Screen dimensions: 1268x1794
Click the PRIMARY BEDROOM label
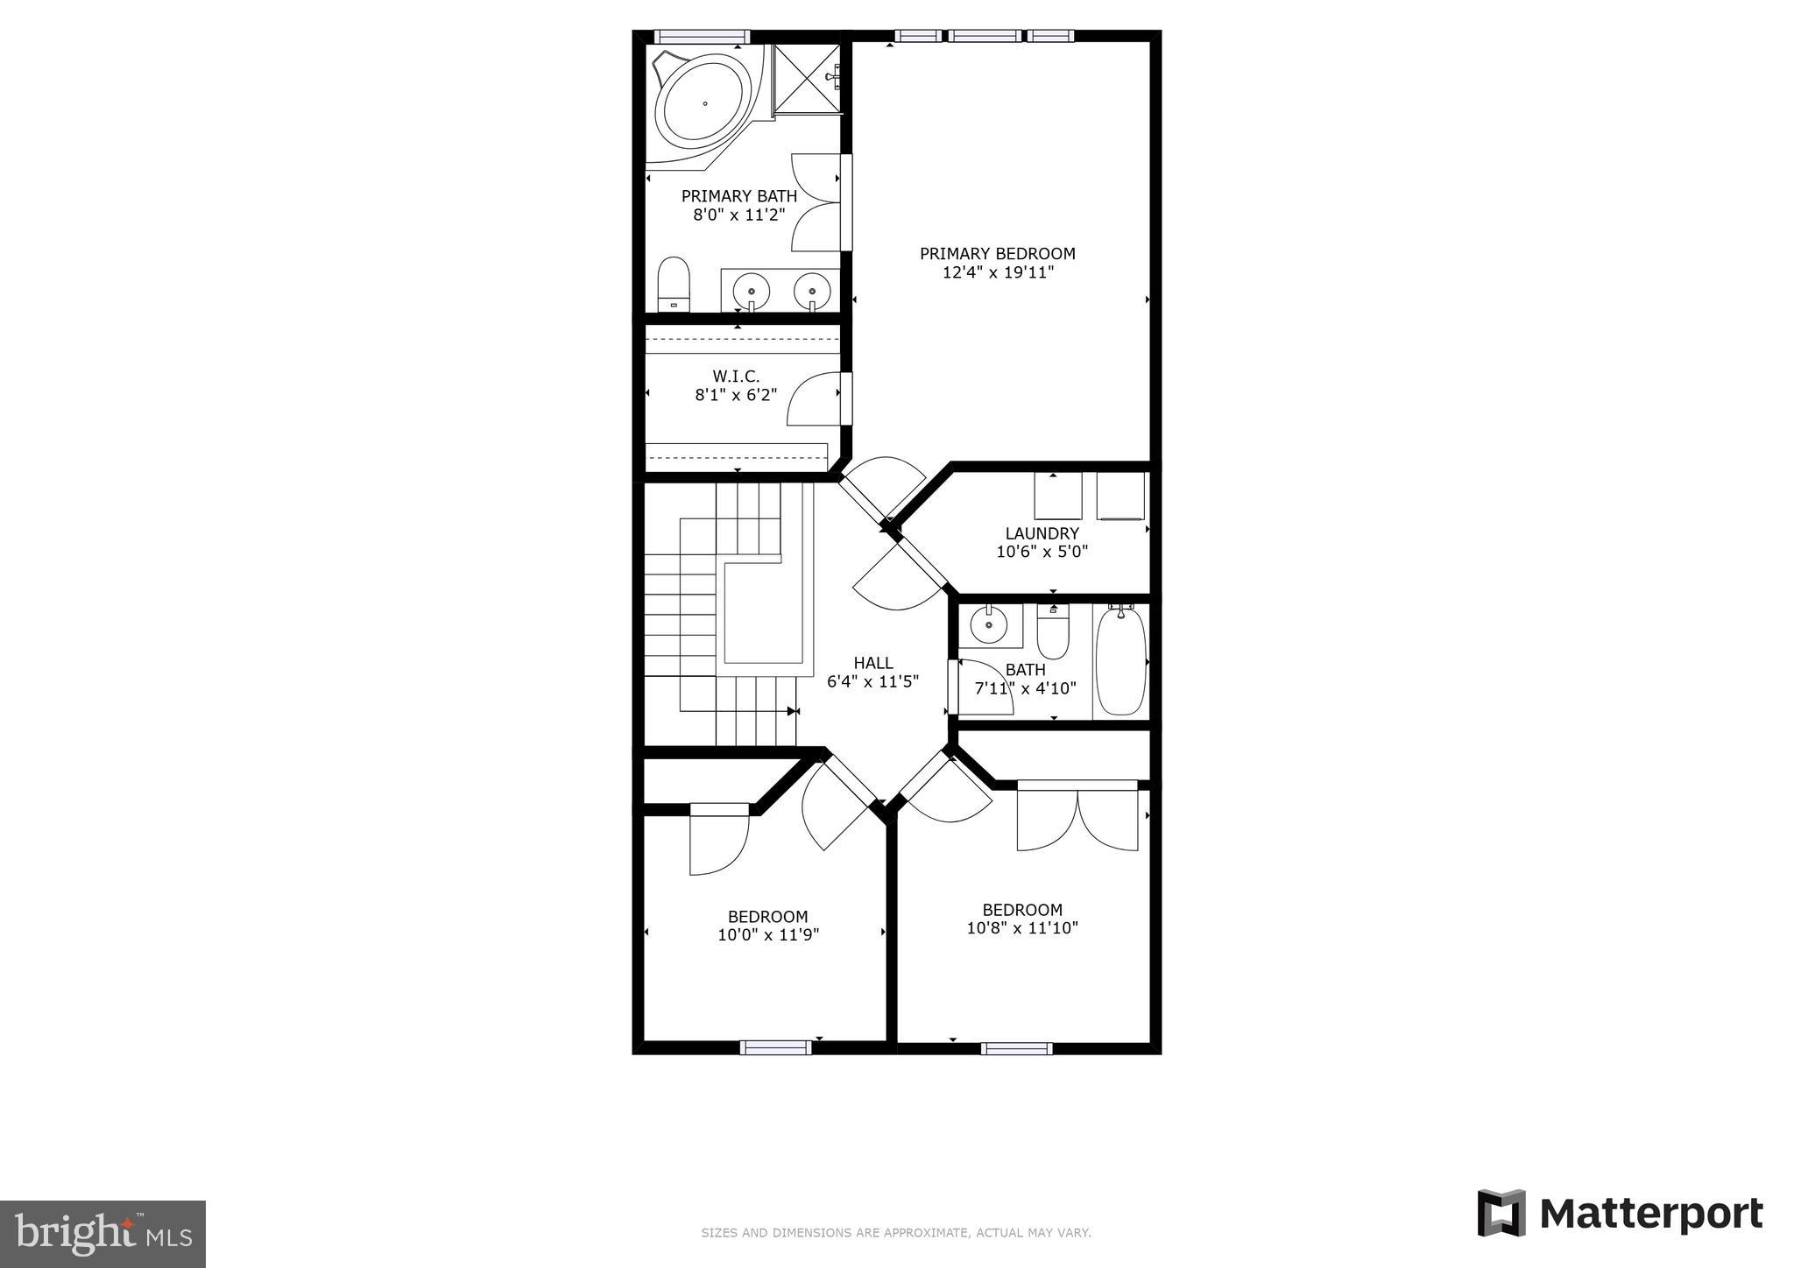click(x=997, y=254)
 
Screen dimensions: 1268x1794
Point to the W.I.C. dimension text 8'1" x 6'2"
click(x=736, y=395)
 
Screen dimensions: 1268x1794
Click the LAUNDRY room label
click(x=1042, y=533)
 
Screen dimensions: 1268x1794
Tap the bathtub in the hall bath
click(x=1120, y=661)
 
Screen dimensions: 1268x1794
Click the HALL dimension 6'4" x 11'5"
click(x=872, y=681)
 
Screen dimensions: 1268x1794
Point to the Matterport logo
click(x=1621, y=1214)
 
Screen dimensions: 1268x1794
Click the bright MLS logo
click(x=102, y=1234)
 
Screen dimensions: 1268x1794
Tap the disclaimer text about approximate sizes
click(x=895, y=1233)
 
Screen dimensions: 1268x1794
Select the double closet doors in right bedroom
click(x=1077, y=819)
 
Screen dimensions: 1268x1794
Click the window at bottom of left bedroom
click(x=775, y=1047)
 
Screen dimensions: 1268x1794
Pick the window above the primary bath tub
click(x=703, y=37)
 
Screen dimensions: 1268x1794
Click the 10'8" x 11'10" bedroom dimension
click(x=1021, y=928)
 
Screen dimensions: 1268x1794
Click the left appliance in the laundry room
click(x=1057, y=497)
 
